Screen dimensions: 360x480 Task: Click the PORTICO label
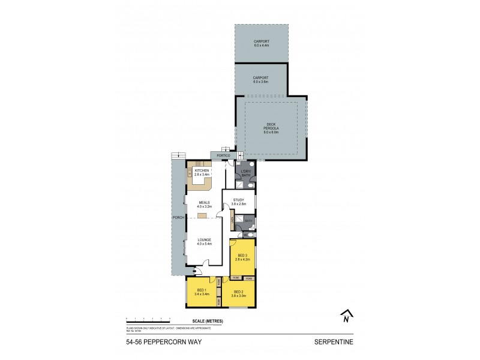point(215,156)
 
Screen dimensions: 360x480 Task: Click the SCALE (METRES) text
point(208,322)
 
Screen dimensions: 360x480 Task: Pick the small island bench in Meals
point(202,215)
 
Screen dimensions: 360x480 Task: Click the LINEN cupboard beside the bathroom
point(232,221)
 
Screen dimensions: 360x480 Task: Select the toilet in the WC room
point(252,235)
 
